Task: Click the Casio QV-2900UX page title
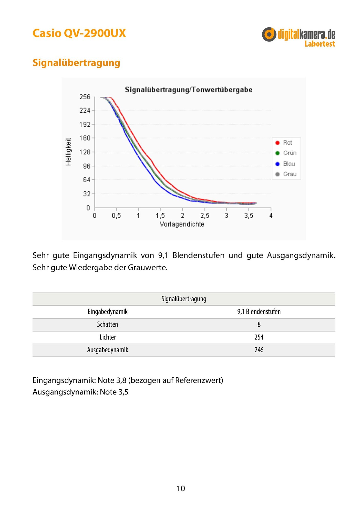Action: point(79,33)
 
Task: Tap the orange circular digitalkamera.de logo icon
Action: point(269,34)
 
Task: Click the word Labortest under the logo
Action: point(320,44)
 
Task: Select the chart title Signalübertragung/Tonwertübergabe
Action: point(189,90)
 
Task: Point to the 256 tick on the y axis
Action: point(85,97)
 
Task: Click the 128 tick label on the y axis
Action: point(85,152)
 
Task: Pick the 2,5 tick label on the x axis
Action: point(204,216)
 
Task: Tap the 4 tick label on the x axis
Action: point(271,216)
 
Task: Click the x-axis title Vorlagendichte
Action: point(182,224)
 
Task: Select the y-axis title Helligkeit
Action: point(68,152)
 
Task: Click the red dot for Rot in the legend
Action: point(277,143)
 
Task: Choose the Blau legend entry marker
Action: point(277,164)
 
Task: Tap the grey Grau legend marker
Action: point(277,174)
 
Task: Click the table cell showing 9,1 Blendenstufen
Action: point(259,312)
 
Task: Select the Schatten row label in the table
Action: point(108,324)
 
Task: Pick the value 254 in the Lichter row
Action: point(259,337)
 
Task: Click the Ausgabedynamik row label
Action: point(108,350)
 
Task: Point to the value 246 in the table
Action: point(259,350)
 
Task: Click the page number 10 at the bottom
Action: point(181,489)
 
